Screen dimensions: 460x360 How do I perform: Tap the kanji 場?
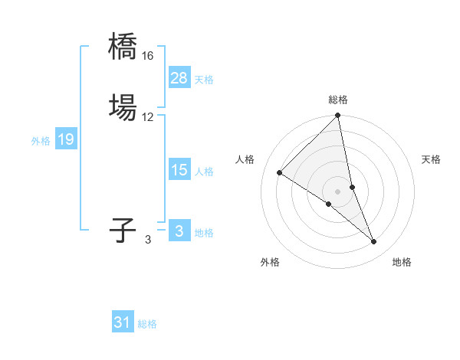point(123,107)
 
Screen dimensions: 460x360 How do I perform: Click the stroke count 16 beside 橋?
point(148,56)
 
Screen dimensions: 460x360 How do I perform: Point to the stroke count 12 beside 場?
point(148,117)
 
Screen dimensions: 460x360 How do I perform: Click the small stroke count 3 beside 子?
point(148,240)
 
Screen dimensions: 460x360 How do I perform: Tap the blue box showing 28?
point(179,77)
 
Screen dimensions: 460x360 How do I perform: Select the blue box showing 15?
point(179,170)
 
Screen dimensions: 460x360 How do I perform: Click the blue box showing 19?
point(66,139)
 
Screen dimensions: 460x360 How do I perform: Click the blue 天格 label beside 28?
point(204,80)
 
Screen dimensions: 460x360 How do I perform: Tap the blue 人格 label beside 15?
point(204,172)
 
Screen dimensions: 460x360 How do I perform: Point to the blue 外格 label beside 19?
point(41,141)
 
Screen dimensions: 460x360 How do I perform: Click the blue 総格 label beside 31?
point(147,325)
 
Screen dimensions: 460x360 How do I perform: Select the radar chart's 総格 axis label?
point(338,100)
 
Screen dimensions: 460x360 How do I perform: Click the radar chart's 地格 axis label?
point(402,263)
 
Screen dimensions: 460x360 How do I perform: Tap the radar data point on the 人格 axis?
point(280,173)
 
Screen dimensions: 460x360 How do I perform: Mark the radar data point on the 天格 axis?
point(352,187)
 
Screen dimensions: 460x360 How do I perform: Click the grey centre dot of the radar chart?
point(338,191)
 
